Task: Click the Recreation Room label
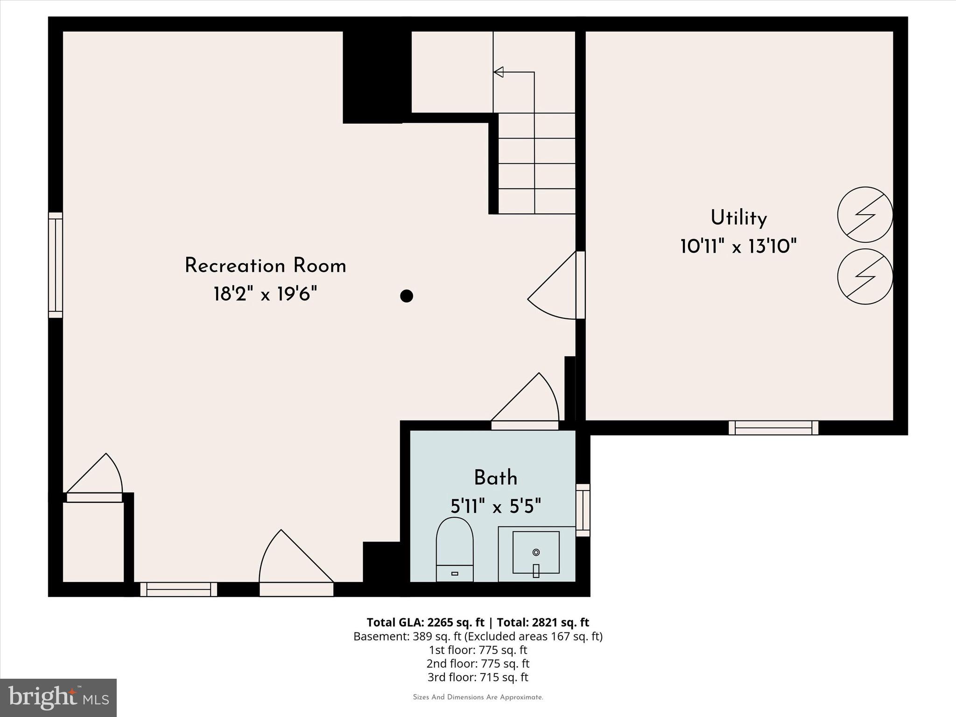[265, 266]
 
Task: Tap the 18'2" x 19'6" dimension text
[265, 295]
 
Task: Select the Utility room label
[738, 218]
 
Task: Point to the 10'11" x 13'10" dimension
[738, 246]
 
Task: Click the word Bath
[495, 478]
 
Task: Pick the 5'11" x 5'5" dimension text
[495, 506]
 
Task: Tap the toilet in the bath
[455, 548]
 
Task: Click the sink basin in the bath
[536, 552]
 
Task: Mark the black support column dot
[407, 296]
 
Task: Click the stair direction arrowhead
[499, 72]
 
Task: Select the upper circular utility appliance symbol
[865, 215]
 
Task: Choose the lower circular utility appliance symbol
[865, 276]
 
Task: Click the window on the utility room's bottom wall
[773, 428]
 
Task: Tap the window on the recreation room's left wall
[56, 265]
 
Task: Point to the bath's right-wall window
[583, 510]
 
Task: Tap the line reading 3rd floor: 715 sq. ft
[478, 677]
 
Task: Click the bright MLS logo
[58, 697]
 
